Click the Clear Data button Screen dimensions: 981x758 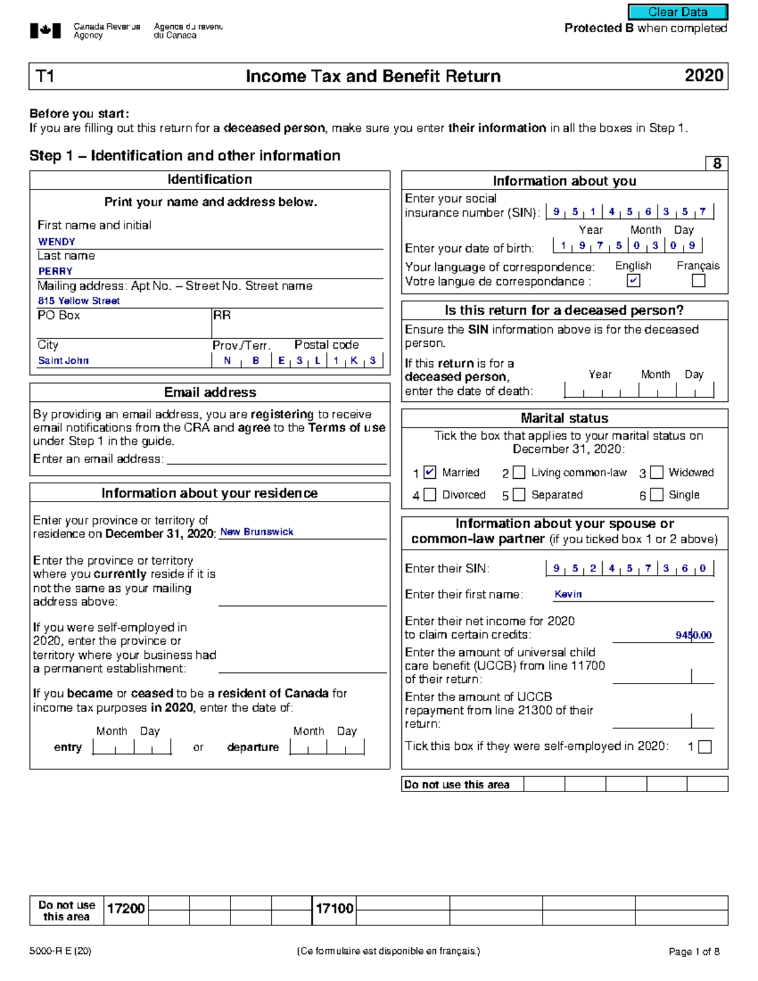677,12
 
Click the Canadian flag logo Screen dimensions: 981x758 45,30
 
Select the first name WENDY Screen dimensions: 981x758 56,242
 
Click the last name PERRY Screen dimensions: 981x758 55,271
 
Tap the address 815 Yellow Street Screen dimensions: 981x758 78,301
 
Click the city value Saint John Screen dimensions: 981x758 63,361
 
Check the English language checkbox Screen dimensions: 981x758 633,280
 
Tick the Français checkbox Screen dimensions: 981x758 698,280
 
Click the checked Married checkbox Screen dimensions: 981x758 430,472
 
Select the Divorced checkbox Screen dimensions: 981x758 430,495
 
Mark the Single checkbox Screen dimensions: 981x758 657,495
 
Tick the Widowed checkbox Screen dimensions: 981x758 657,472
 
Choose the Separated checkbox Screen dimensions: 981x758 519,495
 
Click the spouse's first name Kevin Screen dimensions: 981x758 568,594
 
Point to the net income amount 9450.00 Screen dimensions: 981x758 693,635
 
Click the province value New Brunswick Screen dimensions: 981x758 256,532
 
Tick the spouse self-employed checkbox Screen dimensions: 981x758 705,747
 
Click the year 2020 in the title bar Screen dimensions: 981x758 704,76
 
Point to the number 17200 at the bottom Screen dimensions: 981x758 126,908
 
